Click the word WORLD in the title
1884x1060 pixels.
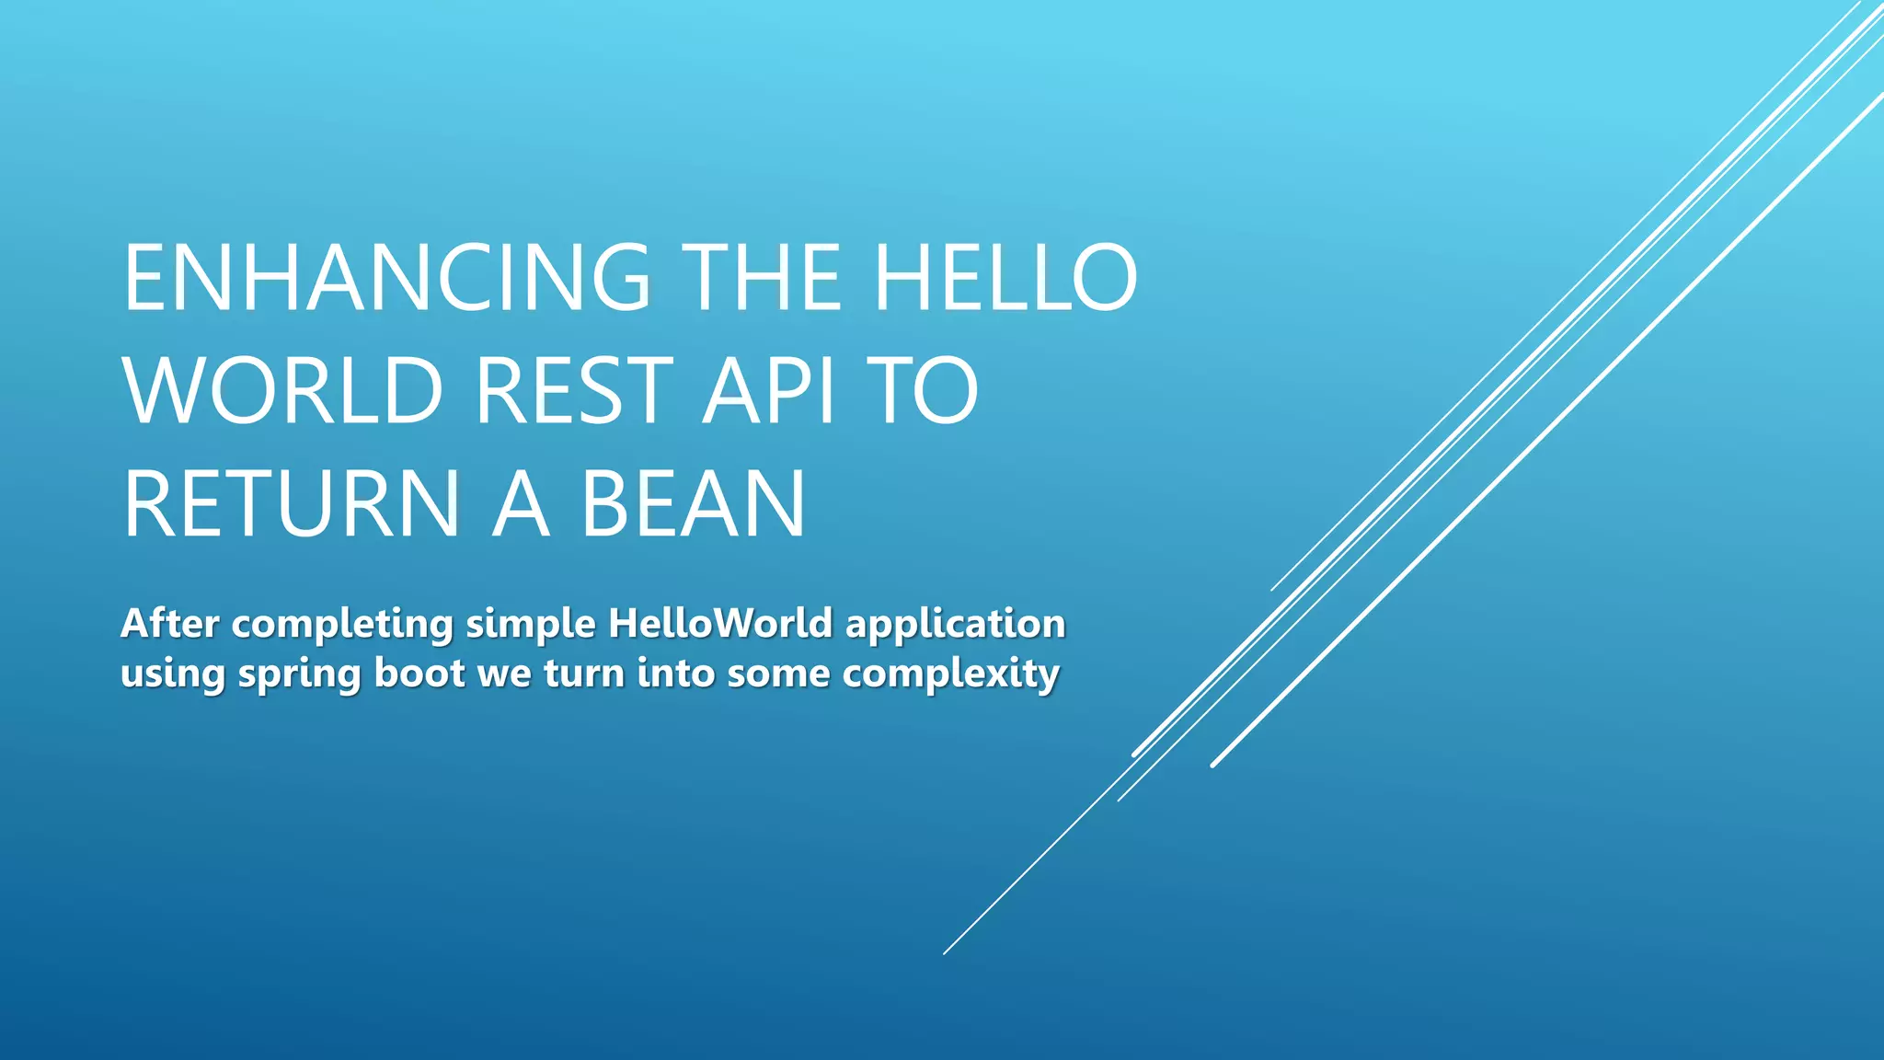283,391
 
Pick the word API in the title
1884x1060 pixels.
768,391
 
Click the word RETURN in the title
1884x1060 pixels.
291,504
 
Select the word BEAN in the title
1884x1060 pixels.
693,504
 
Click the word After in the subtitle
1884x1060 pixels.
169,624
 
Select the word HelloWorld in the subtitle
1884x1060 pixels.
720,624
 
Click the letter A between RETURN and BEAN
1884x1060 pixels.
521,504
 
